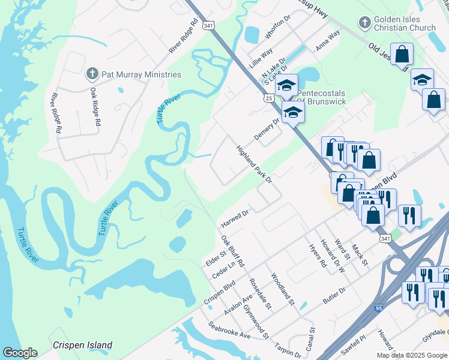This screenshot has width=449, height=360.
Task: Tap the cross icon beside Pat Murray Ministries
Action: [92, 74]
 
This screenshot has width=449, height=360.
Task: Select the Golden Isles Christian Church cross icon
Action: [364, 23]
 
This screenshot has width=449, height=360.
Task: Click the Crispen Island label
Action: [82, 345]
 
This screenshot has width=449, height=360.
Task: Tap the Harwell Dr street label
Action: [235, 218]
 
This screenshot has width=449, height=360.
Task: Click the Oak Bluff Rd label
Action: [232, 252]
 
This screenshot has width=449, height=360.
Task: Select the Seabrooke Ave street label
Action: [230, 329]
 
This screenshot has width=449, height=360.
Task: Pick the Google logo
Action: [20, 353]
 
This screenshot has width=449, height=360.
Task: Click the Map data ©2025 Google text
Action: [412, 355]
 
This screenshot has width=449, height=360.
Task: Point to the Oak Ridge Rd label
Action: [95, 106]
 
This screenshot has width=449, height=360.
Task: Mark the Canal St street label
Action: [312, 338]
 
